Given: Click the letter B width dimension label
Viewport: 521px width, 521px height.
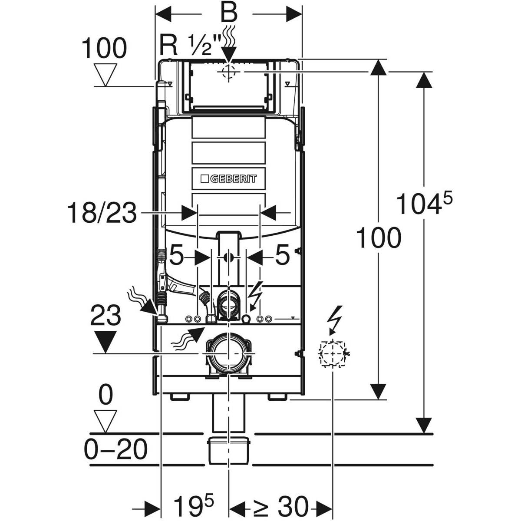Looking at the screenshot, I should click(x=228, y=13).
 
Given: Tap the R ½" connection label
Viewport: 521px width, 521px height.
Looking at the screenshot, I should click(x=191, y=45).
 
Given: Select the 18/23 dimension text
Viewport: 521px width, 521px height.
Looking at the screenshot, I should click(x=102, y=214).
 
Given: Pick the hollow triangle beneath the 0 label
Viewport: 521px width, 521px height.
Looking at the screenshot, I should click(x=106, y=421).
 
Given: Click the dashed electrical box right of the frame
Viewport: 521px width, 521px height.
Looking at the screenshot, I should click(x=333, y=354).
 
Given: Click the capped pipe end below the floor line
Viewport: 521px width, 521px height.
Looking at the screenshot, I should click(x=228, y=450).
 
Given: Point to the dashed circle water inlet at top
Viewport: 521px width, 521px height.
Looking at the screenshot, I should click(x=228, y=72).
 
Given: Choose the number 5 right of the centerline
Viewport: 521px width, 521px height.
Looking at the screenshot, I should click(x=283, y=257).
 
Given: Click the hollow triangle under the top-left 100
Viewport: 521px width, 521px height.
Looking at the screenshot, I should click(x=106, y=75).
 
